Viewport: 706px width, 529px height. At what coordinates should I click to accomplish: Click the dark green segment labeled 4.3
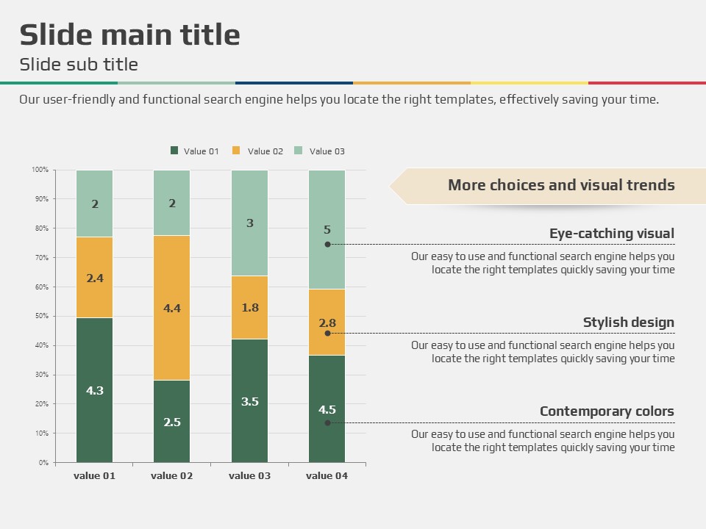tap(94, 389)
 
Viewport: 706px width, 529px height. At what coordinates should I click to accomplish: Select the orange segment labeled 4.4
tap(172, 308)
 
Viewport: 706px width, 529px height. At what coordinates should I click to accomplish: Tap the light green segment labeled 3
tap(250, 223)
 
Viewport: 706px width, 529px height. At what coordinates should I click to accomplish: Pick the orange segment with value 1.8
tap(250, 307)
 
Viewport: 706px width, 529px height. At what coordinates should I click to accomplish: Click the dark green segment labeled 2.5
tap(172, 421)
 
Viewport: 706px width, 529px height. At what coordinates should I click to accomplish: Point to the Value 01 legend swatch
tap(174, 151)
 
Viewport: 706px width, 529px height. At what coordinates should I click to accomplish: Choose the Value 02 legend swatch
tap(237, 151)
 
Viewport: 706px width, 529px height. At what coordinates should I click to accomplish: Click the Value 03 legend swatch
tap(299, 151)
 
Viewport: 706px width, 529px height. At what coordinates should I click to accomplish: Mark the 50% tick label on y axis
tap(40, 316)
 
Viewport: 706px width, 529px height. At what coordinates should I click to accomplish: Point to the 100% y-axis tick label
tap(40, 170)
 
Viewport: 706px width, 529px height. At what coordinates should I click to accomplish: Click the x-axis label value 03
tap(249, 475)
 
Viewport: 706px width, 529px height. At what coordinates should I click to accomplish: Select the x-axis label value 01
tap(94, 475)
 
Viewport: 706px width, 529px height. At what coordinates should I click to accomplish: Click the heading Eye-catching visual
tap(611, 234)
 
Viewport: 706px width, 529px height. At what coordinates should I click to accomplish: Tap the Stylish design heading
tap(628, 323)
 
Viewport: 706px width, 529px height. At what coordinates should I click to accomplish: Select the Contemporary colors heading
tap(607, 411)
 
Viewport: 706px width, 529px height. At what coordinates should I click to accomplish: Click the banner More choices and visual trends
tap(560, 185)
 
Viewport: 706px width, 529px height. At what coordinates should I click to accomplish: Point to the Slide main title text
tap(129, 35)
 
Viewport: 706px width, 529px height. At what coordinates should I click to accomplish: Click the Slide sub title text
tap(79, 65)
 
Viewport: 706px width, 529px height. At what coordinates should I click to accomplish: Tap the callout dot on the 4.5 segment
tap(327, 422)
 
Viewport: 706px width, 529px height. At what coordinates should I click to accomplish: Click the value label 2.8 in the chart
tap(327, 323)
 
